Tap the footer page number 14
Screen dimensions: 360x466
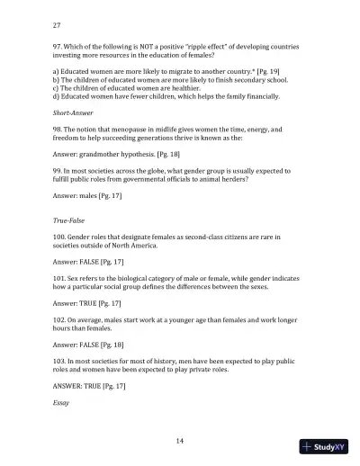(x=180, y=438)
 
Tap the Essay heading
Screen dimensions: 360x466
(x=62, y=403)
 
